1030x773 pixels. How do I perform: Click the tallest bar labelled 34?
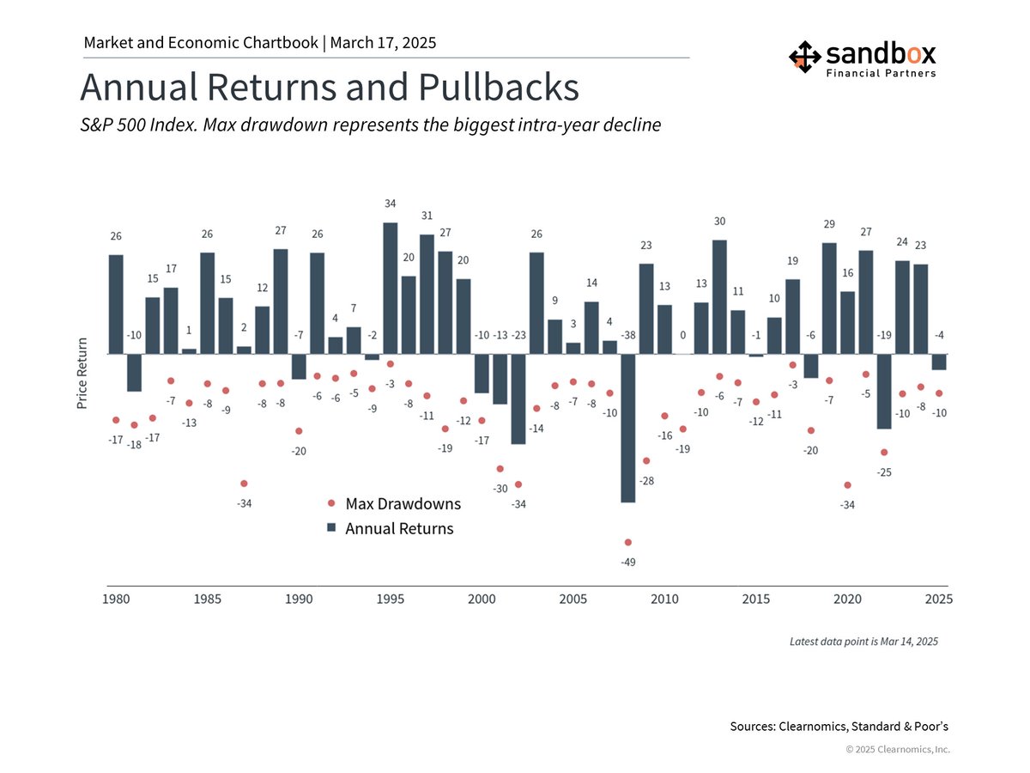tap(390, 288)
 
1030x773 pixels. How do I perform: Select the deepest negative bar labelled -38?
tap(627, 428)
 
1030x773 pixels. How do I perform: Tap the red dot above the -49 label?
tap(627, 542)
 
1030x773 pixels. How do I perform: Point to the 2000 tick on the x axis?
tap(482, 599)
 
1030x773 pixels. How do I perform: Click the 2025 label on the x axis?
tap(938, 599)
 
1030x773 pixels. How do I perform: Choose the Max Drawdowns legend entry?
tap(402, 503)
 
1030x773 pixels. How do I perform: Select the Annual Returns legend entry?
tap(398, 528)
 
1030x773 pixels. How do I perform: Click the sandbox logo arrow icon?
tap(804, 56)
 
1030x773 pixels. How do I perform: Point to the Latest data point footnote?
tap(863, 642)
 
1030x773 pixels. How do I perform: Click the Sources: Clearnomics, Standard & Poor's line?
tap(839, 727)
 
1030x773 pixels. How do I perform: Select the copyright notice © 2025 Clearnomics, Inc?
tap(898, 750)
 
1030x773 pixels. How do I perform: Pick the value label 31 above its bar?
tap(427, 216)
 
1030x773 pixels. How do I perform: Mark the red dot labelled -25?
tap(884, 453)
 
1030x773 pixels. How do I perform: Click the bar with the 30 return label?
tap(719, 296)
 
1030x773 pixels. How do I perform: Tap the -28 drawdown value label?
tap(646, 481)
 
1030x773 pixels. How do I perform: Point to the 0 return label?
tap(682, 335)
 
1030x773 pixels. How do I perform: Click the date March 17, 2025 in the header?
tap(383, 42)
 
